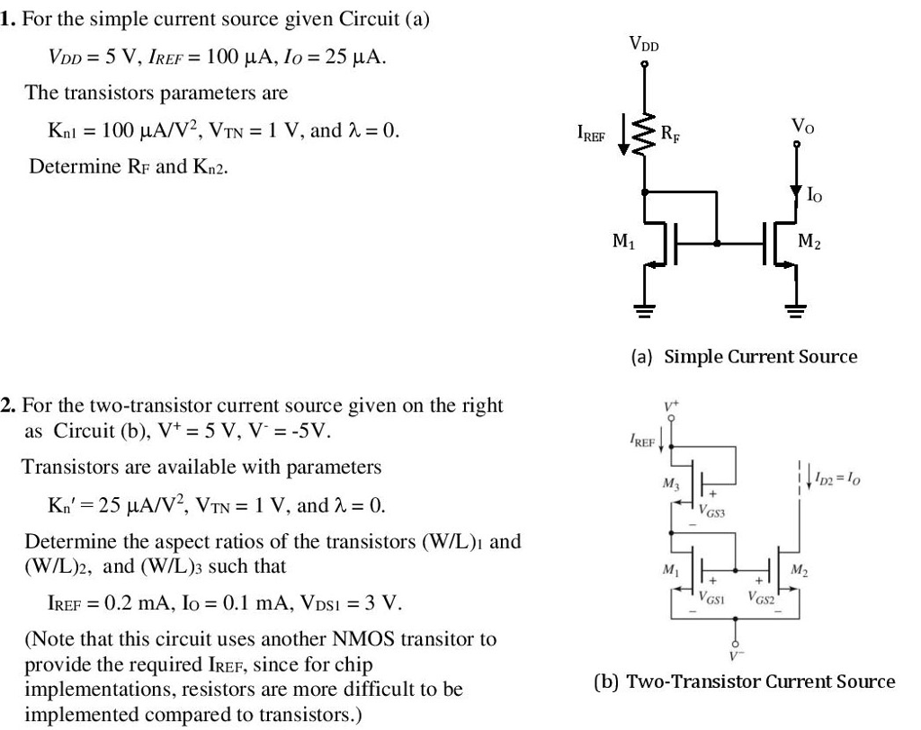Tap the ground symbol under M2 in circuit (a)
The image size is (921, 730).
tap(795, 311)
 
